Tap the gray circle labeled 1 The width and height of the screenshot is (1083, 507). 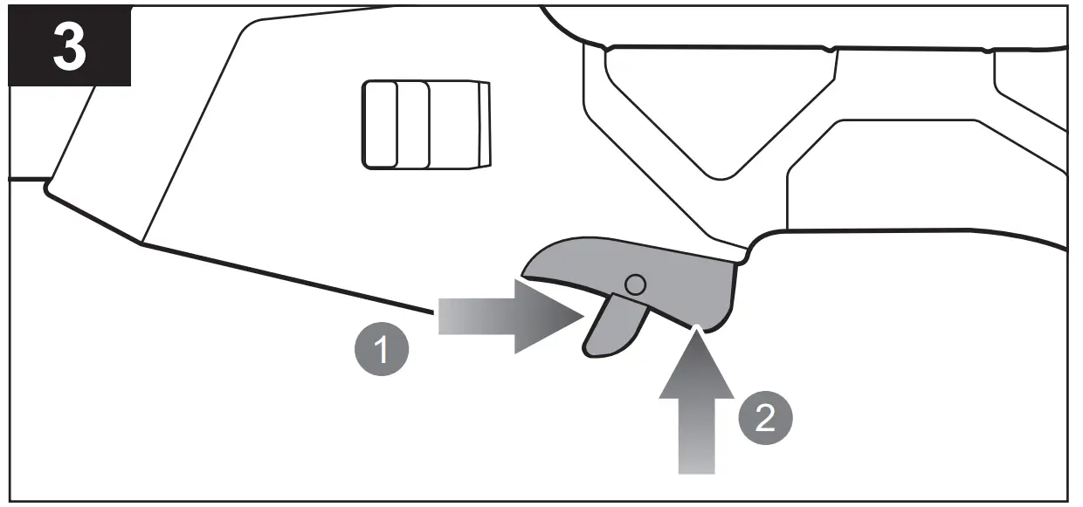click(379, 351)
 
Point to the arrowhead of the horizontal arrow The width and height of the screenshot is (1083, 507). click(550, 316)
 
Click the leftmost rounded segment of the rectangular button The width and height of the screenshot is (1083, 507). click(379, 124)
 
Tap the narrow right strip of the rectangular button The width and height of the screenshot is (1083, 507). click(485, 124)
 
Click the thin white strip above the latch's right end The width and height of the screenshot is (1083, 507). click(734, 252)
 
